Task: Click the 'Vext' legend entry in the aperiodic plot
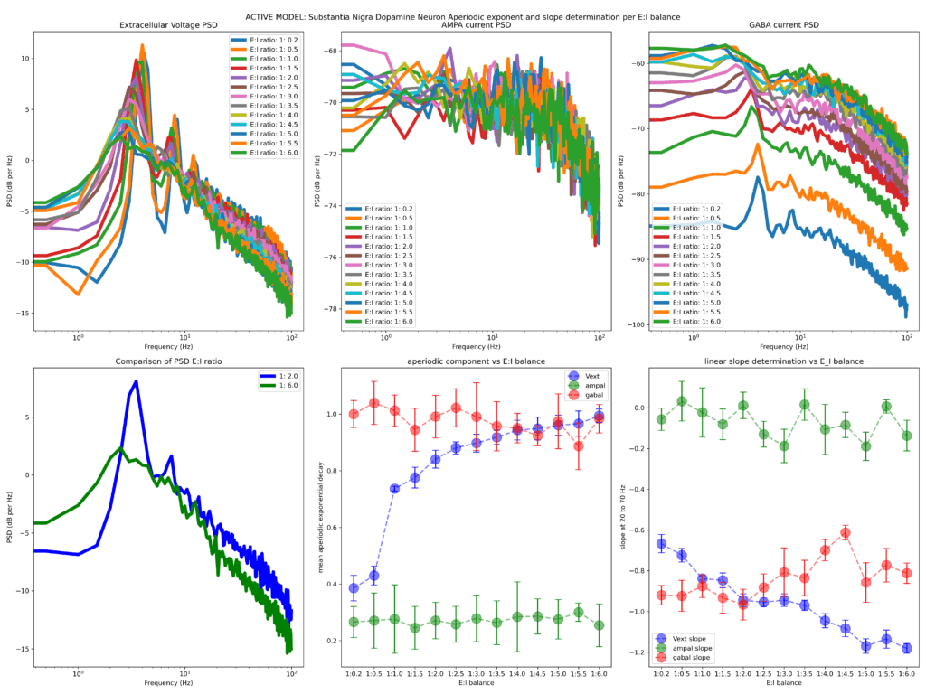click(589, 375)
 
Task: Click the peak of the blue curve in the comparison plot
click(136, 381)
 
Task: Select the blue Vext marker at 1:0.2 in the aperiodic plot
click(354, 588)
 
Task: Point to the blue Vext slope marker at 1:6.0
click(906, 648)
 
